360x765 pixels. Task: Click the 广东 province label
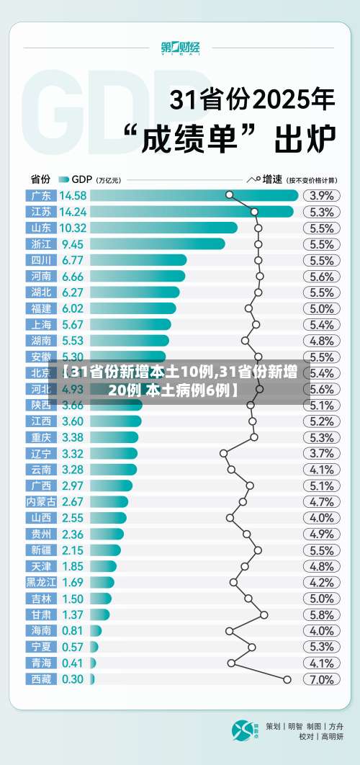coord(41,195)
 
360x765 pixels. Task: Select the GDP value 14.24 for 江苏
coord(73,212)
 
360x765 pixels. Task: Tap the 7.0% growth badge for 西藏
coord(321,679)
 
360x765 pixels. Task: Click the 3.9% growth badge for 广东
coord(321,195)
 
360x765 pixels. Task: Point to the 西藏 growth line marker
coord(287,679)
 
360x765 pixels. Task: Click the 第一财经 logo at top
coord(180,48)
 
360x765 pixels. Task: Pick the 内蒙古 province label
coord(41,501)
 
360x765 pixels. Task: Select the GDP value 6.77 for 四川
coord(73,260)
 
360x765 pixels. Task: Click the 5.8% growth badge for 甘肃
coord(321,614)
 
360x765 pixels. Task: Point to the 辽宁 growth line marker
coord(223,453)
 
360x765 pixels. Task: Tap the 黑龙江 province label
coord(41,582)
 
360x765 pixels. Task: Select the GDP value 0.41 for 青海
coord(73,663)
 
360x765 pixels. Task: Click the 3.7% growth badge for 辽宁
coord(321,453)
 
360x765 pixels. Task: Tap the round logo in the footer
coord(243,730)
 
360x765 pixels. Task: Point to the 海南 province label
coord(41,630)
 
